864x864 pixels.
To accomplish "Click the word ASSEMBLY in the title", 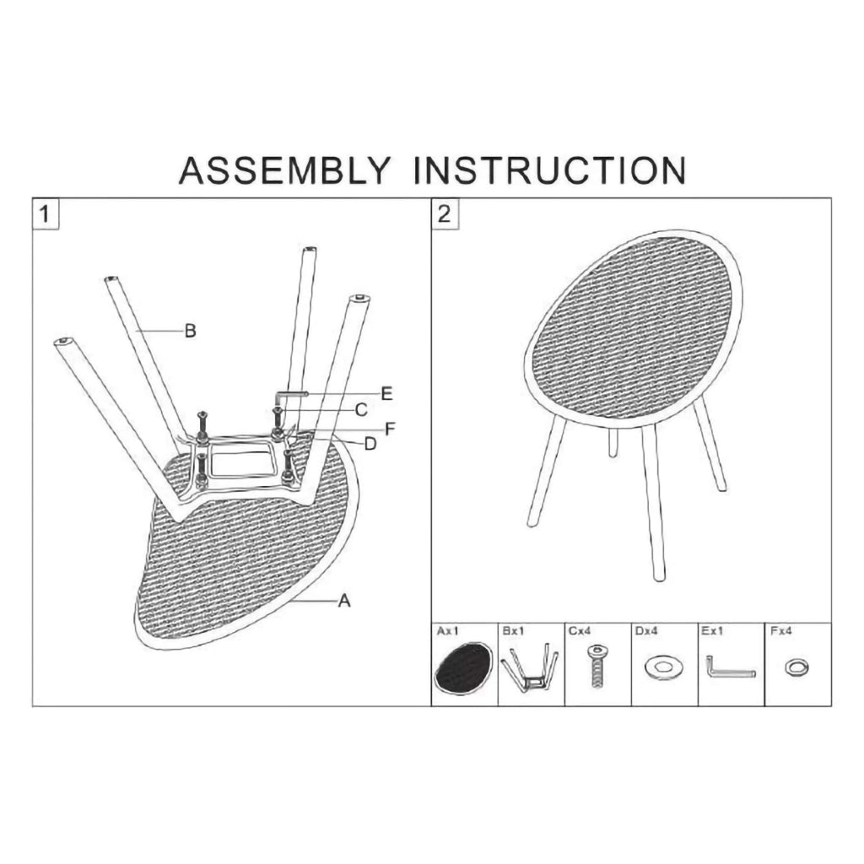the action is (285, 170).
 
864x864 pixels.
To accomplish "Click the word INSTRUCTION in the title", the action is (550, 170).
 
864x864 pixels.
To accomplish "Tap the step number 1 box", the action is (46, 213).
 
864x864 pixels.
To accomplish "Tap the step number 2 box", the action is (444, 213).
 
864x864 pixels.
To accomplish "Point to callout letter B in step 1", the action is (190, 331).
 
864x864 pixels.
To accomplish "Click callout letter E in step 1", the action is (386, 393).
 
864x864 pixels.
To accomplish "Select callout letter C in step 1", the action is (361, 410).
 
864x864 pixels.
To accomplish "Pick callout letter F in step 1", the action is (390, 429).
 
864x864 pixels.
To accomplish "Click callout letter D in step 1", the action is (370, 444).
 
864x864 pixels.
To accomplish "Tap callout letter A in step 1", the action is (344, 601).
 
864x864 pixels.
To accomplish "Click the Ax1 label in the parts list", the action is (447, 631).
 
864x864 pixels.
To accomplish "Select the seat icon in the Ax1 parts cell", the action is (463, 668).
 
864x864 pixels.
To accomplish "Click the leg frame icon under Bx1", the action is (530, 668).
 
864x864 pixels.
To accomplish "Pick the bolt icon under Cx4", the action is (597, 667).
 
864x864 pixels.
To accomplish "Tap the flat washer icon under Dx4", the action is (663, 668).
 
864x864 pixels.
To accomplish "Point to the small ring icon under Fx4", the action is (796, 668).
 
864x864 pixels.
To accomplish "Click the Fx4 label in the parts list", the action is (780, 631).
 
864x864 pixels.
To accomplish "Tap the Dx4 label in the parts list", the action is (645, 631).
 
